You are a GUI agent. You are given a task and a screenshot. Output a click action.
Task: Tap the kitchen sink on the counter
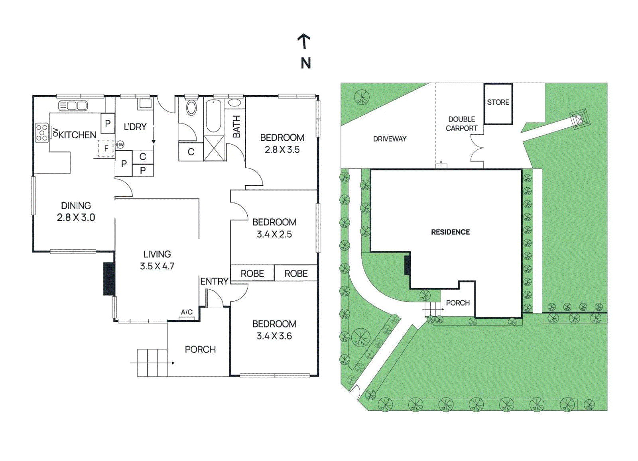point(73,106)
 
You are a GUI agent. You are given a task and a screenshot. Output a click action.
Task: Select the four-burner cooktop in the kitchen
point(42,133)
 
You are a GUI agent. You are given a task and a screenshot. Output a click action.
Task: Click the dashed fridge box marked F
point(106,148)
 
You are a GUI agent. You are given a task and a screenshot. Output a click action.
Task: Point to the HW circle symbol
point(120,145)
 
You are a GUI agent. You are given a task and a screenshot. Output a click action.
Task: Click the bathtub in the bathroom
point(214,116)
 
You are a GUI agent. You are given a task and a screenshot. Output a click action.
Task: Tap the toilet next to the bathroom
point(191,108)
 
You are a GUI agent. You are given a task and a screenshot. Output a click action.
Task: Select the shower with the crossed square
point(215,148)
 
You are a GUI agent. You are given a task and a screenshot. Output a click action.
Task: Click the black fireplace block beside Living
point(109,279)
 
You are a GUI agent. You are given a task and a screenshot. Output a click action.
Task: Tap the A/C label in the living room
point(187,312)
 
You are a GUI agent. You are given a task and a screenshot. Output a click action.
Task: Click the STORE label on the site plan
point(498,102)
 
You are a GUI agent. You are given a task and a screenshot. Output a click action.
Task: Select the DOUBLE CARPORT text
point(461,124)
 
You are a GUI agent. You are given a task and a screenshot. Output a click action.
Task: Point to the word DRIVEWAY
point(390,139)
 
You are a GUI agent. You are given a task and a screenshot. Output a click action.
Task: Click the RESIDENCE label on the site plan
point(450,232)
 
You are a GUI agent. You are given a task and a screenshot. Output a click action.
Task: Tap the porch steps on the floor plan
point(152,363)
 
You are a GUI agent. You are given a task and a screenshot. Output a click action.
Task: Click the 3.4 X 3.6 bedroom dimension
point(274,336)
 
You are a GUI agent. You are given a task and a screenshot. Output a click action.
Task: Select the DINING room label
point(76,206)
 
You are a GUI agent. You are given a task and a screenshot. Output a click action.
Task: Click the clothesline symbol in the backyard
point(579,119)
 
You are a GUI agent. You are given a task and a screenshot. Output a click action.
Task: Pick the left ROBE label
point(252,274)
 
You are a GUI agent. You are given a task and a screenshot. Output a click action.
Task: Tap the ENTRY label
point(214,281)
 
